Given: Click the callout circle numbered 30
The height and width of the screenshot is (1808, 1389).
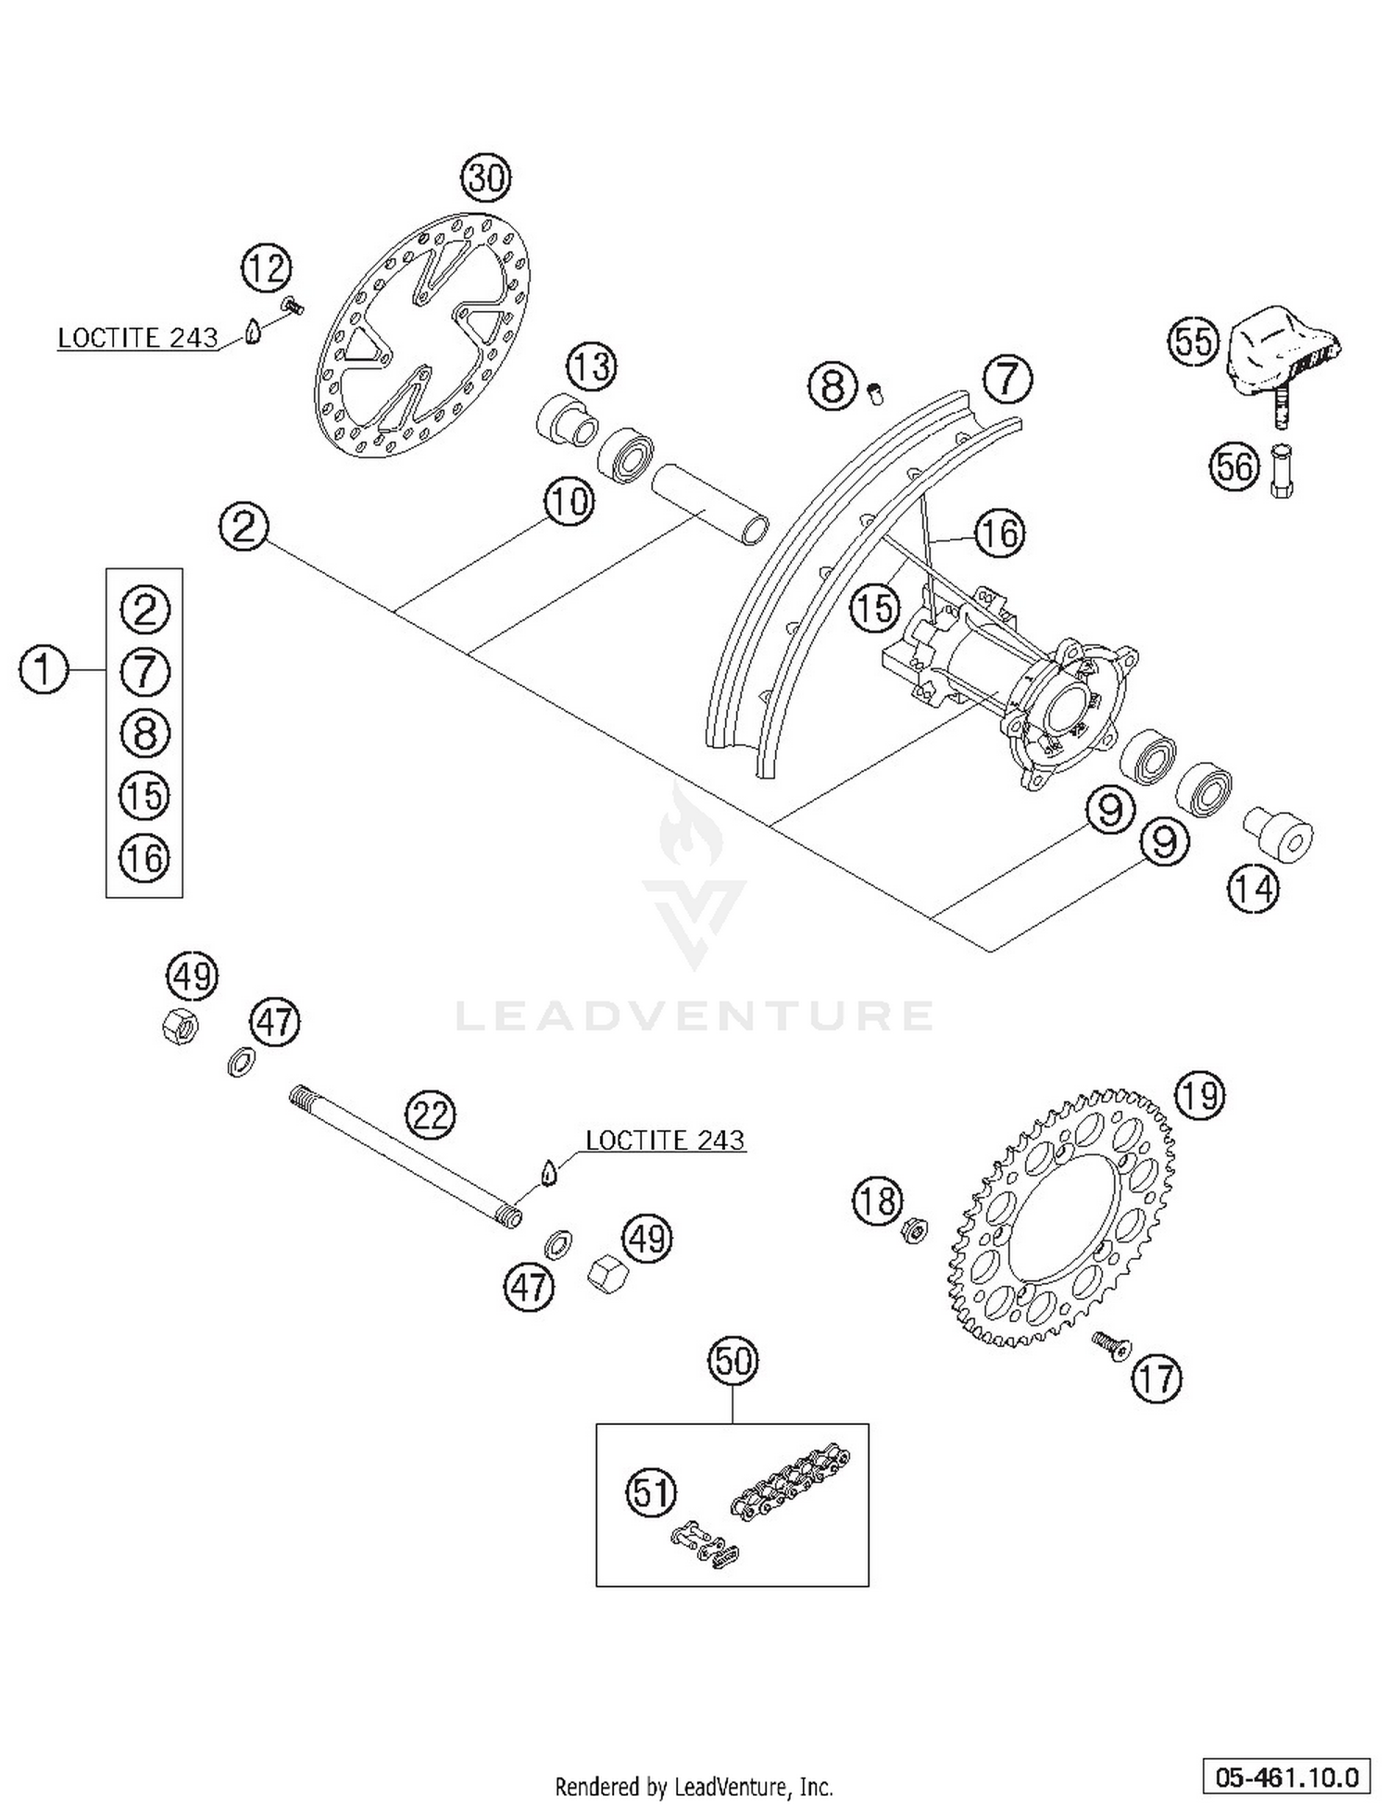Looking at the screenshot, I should click(486, 177).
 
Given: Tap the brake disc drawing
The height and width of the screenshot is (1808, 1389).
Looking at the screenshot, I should click(423, 335).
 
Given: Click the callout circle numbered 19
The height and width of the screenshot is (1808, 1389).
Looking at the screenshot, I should click(1199, 1096).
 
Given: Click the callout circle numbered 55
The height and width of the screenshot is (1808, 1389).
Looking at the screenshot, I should click(1193, 341).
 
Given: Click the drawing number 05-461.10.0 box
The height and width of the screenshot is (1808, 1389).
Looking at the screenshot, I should click(1287, 1777).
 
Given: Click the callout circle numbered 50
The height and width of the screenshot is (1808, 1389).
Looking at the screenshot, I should click(732, 1361).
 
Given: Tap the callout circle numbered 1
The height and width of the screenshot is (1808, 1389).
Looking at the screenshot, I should click(44, 669).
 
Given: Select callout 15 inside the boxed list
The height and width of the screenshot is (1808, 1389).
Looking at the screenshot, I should click(144, 795).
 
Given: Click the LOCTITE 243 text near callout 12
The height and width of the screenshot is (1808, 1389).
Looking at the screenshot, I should click(137, 338).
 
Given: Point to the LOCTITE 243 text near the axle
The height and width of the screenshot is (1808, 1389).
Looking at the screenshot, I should click(665, 1140).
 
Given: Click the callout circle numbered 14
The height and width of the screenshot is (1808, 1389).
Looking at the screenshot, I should click(1253, 889).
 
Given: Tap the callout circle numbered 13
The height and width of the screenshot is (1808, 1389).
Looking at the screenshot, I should click(592, 366).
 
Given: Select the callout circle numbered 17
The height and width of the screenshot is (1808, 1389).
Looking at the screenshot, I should click(1157, 1379).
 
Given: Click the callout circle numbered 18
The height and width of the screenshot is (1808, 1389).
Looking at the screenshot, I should click(877, 1201).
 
